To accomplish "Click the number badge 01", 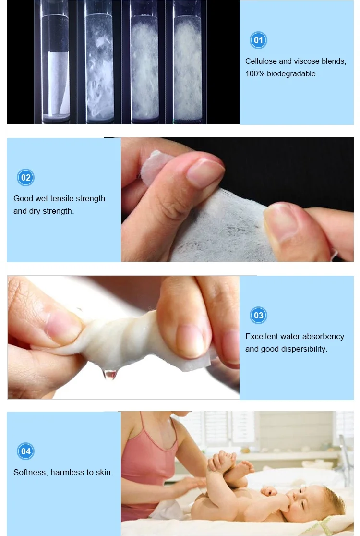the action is point(258,40).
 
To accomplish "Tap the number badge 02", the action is point(25,177).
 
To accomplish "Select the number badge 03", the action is point(258,315).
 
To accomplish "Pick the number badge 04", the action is point(25,451).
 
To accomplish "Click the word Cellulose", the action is point(261,61).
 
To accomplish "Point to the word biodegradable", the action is point(292,74).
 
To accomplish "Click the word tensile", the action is point(62,199).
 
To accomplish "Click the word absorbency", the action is point(324,336).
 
